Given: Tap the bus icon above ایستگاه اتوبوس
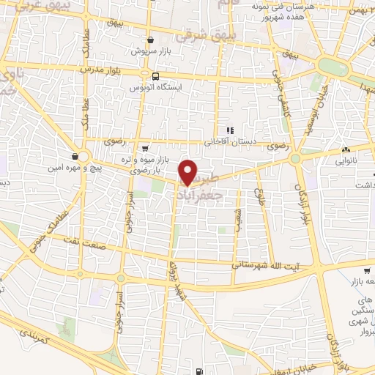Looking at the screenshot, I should pyautogui.click(x=155, y=76).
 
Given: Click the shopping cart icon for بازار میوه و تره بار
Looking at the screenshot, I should pyautogui.click(x=144, y=146).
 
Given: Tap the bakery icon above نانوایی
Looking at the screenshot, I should pyautogui.click(x=345, y=151).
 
